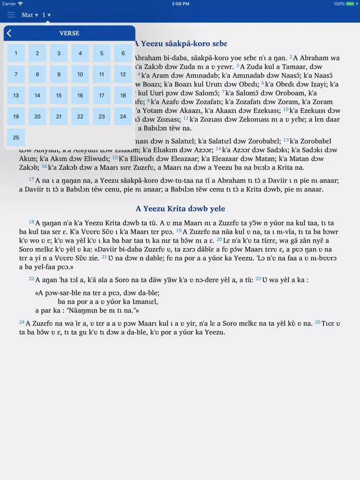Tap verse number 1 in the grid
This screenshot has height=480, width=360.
tap(16, 53)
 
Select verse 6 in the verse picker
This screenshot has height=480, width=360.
tap(123, 53)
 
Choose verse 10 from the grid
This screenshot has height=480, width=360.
tap(80, 74)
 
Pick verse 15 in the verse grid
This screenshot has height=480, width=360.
tap(59, 96)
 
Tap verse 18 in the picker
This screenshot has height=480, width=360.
tap(123, 96)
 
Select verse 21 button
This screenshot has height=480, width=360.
tap(59, 117)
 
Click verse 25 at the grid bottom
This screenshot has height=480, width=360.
tap(16, 138)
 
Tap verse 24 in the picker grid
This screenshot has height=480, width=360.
tap(123, 117)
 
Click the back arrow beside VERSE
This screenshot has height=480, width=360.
tap(9, 33)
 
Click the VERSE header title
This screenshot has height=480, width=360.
tap(69, 33)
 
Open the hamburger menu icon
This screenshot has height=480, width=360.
tap(11, 15)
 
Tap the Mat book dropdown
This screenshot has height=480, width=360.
tap(29, 15)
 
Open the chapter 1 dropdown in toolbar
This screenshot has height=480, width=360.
tap(47, 15)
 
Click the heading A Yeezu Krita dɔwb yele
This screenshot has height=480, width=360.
tap(180, 209)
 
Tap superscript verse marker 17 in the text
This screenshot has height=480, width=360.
tap(32, 179)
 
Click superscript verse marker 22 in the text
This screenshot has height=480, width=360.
tap(31, 278)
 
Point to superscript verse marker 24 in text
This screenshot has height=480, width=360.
tap(22, 322)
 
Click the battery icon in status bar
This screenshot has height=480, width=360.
tap(352, 4)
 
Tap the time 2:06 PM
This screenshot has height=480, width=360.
tap(180, 4)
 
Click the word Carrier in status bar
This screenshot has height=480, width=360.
tap(9, 4)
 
